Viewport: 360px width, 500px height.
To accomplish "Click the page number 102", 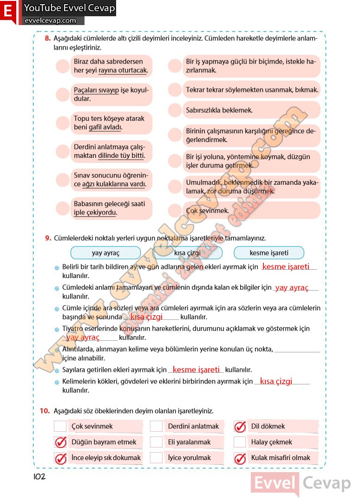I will pyautogui.click(x=39, y=476).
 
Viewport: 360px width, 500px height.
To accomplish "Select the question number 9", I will pyautogui.click(x=47, y=238).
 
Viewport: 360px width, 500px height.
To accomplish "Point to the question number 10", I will pyautogui.click(x=45, y=411).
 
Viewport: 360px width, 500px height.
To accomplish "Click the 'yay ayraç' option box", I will pyautogui.click(x=105, y=253).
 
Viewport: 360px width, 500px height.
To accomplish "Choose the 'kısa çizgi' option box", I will pyautogui.click(x=187, y=253).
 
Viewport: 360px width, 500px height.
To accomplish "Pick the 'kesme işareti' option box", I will pyautogui.click(x=269, y=253).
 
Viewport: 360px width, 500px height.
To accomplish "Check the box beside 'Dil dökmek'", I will pyautogui.click(x=240, y=426).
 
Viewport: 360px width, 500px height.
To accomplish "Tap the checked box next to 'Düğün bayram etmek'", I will pyautogui.click(x=60, y=442).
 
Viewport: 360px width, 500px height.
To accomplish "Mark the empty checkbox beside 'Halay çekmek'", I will pyautogui.click(x=240, y=442).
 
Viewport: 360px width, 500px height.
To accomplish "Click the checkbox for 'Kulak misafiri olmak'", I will pyautogui.click(x=240, y=458).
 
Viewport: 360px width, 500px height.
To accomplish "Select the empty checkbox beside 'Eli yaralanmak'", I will pyautogui.click(x=157, y=442).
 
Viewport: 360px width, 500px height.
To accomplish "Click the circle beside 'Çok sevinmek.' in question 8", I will pyautogui.click(x=175, y=210).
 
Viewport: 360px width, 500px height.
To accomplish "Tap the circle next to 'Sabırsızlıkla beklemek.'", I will pyautogui.click(x=175, y=110).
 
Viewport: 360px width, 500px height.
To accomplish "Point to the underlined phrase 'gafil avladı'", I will pyautogui.click(x=105, y=127).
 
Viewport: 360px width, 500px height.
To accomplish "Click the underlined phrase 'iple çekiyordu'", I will pyautogui.click(x=95, y=213).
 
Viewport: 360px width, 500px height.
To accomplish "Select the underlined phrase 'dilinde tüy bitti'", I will pyautogui.click(x=121, y=156).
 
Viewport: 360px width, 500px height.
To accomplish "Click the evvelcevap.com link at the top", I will pyautogui.click(x=50, y=20).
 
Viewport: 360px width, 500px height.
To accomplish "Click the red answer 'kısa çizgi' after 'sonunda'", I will pyautogui.click(x=146, y=317).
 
